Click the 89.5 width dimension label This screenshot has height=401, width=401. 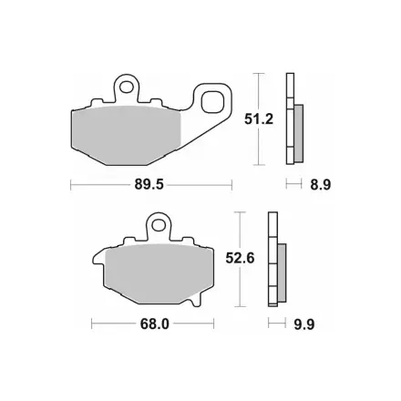click(149, 184)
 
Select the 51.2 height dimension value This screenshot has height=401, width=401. click(259, 119)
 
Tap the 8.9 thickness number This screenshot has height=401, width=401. click(321, 184)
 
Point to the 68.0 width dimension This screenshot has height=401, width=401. click(154, 324)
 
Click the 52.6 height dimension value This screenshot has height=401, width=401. click(240, 259)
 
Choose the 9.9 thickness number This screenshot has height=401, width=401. click(304, 324)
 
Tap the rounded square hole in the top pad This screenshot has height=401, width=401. click(213, 102)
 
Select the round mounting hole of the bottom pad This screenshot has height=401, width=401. click(158, 225)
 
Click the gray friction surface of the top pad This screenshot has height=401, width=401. click(127, 136)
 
